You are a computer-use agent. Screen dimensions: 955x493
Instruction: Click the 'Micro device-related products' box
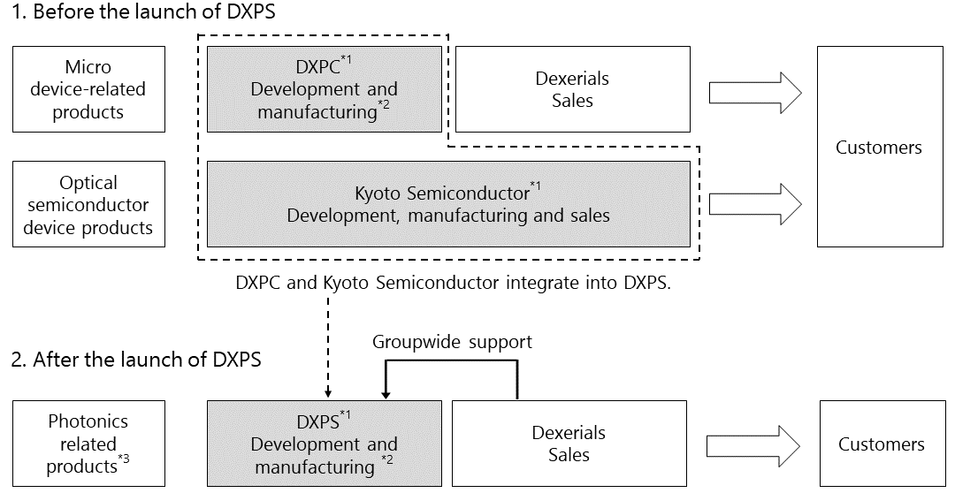(x=89, y=89)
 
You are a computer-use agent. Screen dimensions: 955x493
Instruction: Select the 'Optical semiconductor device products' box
(x=89, y=204)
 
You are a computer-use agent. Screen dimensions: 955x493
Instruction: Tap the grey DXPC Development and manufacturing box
(x=325, y=89)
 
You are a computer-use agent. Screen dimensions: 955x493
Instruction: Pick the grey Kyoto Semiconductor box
(x=449, y=204)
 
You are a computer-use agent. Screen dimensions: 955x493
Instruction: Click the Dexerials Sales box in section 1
(x=573, y=89)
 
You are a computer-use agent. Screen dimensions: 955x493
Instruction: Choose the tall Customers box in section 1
(x=880, y=147)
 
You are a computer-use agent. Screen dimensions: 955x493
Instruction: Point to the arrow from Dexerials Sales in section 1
(x=755, y=93)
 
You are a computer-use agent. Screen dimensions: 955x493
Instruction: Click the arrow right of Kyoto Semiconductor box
(x=755, y=204)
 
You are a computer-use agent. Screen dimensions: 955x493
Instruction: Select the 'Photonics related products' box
(x=89, y=444)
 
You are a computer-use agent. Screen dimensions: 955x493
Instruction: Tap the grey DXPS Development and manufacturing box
(x=325, y=444)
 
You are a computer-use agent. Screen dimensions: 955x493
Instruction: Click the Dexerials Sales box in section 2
(x=569, y=444)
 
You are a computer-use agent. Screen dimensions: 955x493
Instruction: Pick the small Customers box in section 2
(x=882, y=444)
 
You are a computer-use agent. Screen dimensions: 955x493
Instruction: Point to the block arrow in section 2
(x=753, y=446)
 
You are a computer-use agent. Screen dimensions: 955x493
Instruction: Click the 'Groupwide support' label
(x=453, y=342)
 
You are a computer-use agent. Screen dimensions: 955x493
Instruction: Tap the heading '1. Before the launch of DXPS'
(x=143, y=11)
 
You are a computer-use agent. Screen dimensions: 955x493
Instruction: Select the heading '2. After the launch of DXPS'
(x=136, y=360)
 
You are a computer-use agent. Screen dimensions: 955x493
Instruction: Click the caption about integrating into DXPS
(x=453, y=283)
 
